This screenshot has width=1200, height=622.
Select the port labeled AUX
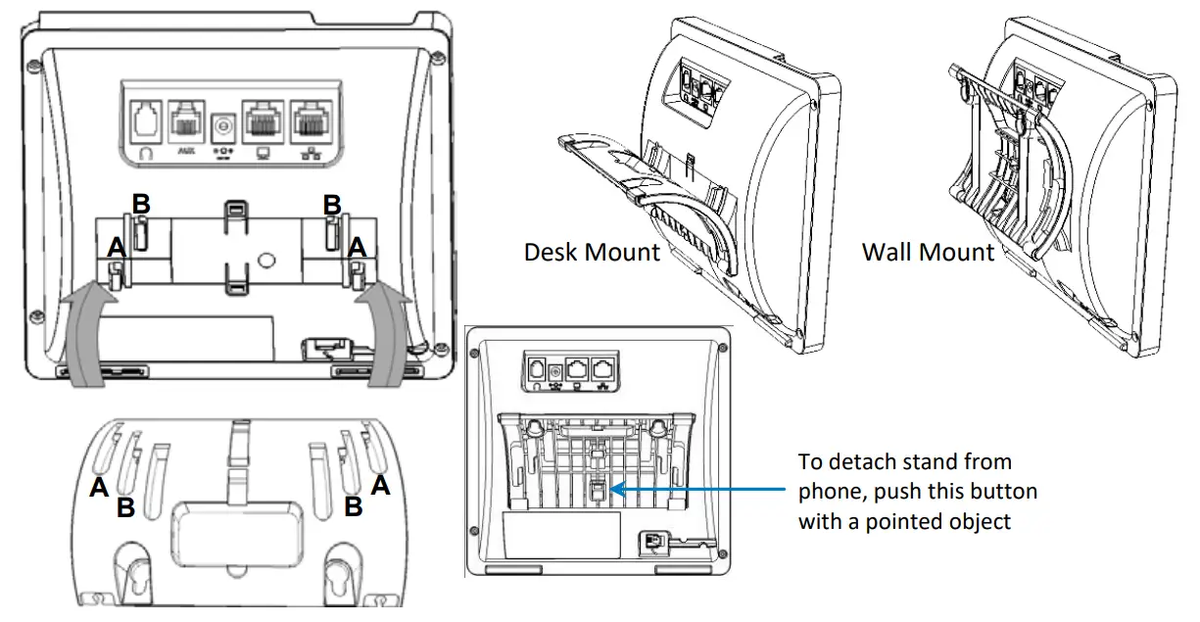click(x=185, y=121)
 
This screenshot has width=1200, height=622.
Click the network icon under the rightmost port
click(x=311, y=154)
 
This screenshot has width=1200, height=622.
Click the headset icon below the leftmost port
click(x=145, y=154)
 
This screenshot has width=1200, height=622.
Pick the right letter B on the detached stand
click(x=354, y=506)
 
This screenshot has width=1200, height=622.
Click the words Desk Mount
click(x=592, y=252)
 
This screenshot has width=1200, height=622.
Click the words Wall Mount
click(x=927, y=252)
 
